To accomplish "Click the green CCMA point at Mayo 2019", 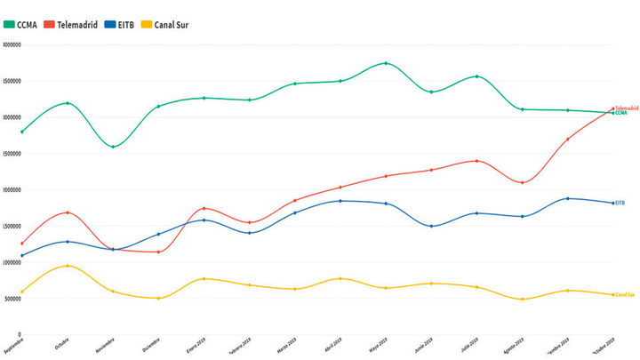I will [386, 63].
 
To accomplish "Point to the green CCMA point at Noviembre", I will [113, 147].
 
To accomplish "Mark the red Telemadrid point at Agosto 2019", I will [523, 182].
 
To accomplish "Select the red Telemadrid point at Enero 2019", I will [204, 208].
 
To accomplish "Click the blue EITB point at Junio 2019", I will [431, 226].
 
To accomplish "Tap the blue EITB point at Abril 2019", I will [340, 201].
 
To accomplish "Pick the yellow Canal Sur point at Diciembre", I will [158, 298].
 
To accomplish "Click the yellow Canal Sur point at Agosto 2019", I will [523, 299].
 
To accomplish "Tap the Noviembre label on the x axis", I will [105, 347].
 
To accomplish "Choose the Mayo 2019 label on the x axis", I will [377, 348].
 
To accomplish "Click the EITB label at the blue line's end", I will [620, 203].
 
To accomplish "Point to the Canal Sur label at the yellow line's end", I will [626, 294].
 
